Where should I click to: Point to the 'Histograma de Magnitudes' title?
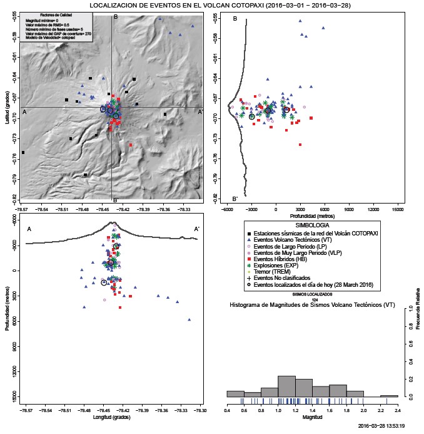click(x=311, y=306)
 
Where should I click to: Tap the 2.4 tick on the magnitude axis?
click(x=397, y=410)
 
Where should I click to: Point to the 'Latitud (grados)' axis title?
click(x=6, y=106)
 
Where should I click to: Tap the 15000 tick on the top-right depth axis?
click(x=396, y=210)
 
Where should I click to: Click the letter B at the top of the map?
click(x=114, y=18)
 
